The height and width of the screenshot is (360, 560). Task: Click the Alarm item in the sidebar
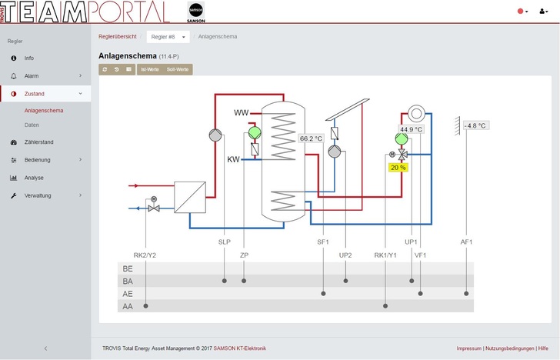click(x=31, y=76)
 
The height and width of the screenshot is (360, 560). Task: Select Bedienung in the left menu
click(x=38, y=160)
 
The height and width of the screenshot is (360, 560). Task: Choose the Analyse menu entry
click(x=34, y=178)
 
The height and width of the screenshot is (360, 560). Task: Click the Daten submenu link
click(x=32, y=125)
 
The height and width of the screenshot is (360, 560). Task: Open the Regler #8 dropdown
click(x=168, y=37)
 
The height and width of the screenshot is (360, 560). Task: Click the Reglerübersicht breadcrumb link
click(x=118, y=36)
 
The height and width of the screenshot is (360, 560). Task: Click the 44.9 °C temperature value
click(x=411, y=129)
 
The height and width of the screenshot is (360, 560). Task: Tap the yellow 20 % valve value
click(x=398, y=167)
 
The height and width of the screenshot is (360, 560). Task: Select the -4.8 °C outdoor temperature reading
click(x=475, y=125)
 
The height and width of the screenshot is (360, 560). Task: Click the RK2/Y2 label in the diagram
click(x=145, y=255)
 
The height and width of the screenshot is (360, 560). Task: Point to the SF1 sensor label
click(x=323, y=242)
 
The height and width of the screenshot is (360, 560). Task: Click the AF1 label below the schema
click(x=466, y=242)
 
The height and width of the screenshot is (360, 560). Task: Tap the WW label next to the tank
click(x=242, y=113)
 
